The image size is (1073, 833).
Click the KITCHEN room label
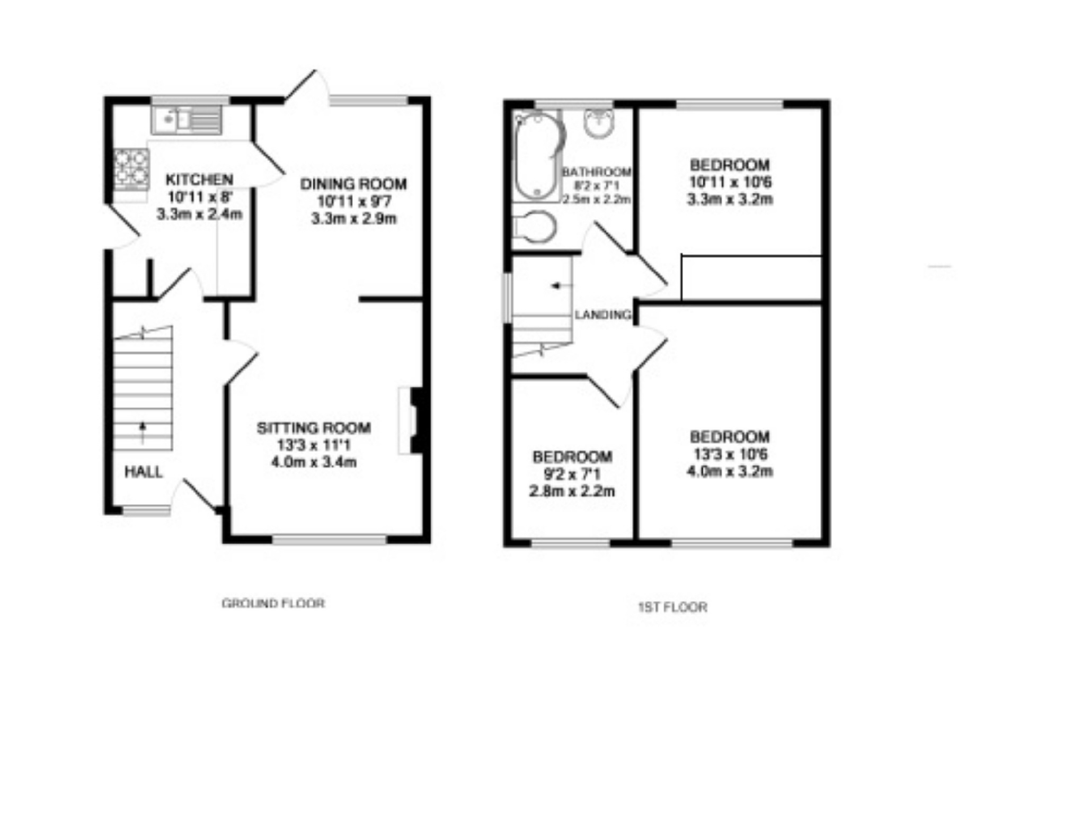tap(199, 180)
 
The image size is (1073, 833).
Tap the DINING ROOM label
tap(353, 184)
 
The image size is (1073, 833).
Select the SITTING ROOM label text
tap(314, 428)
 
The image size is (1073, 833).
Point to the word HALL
tap(143, 472)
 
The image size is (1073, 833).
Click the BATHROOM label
tap(597, 172)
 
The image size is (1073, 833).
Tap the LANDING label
tap(604, 315)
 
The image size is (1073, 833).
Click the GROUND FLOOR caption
tap(273, 603)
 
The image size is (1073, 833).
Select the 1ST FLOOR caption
tap(672, 607)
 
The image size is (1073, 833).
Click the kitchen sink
tap(187, 120)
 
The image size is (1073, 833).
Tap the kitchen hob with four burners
tap(131, 169)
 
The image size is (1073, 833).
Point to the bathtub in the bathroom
tap(538, 156)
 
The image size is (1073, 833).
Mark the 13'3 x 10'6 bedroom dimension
tap(730, 454)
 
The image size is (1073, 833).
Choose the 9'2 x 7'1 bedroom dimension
tap(572, 474)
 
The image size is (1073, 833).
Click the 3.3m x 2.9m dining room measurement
tap(353, 218)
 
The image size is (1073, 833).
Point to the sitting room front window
tap(330, 540)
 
